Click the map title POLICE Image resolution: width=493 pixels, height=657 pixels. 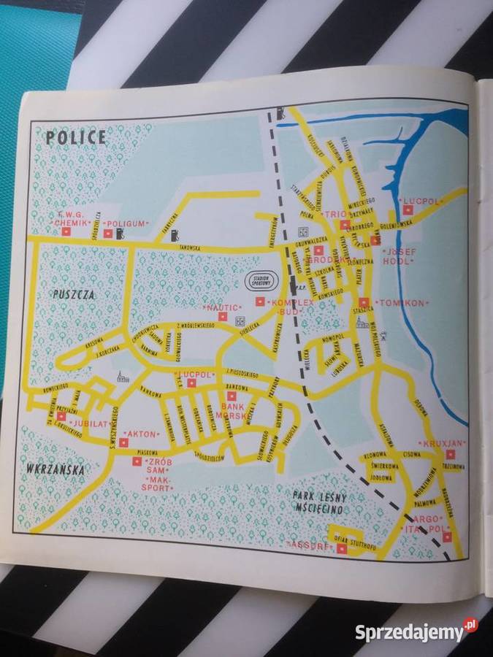pos(75,137)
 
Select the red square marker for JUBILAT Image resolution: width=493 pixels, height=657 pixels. pos(61,416)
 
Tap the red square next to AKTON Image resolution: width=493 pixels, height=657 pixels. pos(123,442)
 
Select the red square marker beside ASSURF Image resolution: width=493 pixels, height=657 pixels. pos(342,547)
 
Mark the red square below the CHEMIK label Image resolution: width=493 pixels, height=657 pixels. pos(66,232)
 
